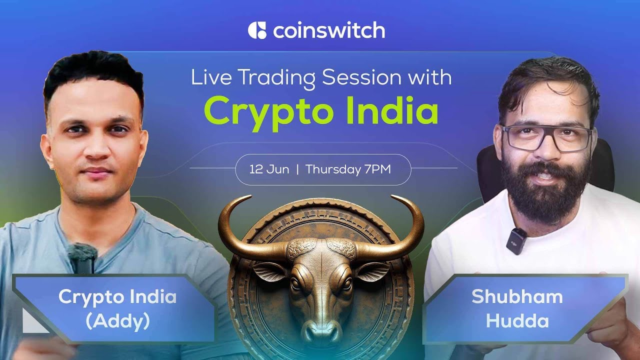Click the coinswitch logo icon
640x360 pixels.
click(257, 30)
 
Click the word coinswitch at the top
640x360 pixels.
click(329, 30)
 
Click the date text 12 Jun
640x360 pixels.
click(269, 169)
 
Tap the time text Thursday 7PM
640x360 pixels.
click(348, 169)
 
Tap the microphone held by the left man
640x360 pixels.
click(82, 258)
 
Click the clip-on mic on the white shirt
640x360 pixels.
click(517, 240)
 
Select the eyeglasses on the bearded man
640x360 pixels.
click(547, 137)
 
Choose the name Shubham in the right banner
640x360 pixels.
click(517, 297)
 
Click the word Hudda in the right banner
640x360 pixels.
click(517, 320)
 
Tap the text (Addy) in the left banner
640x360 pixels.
click(117, 320)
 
